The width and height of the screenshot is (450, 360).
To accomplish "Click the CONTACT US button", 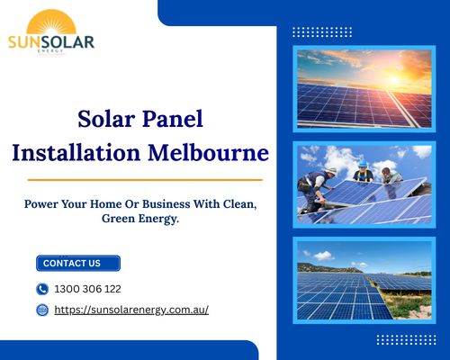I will [77, 264].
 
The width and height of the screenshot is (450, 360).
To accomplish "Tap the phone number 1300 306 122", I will [88, 289].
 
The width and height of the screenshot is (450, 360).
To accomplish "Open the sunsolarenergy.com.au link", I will [131, 310].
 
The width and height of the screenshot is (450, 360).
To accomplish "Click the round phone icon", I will [42, 289].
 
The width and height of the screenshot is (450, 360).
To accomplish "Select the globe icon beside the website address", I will [42, 310].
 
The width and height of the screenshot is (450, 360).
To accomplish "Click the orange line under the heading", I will [139, 178].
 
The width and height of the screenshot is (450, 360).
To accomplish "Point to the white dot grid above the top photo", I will [322, 31].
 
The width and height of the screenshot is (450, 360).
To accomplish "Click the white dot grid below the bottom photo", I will [405, 339].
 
